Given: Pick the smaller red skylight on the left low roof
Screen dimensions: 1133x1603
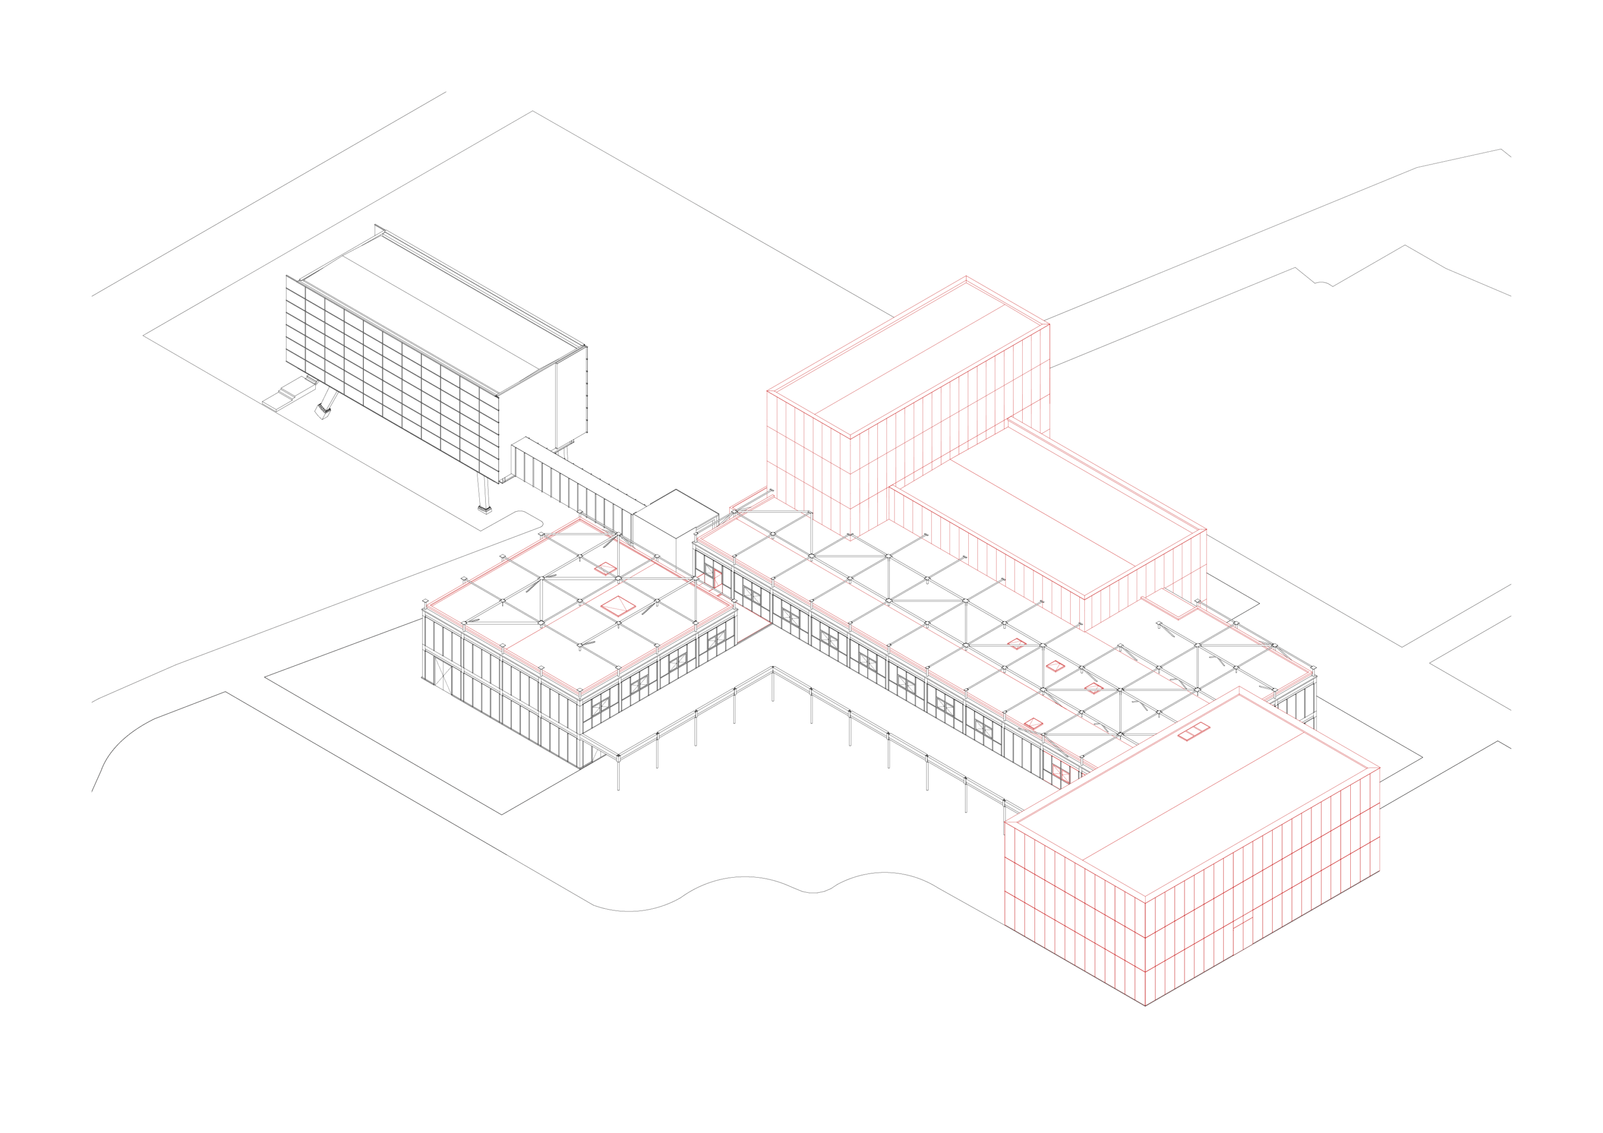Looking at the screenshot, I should [x=605, y=568].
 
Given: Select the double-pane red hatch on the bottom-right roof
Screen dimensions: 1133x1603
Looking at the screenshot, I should [x=1194, y=732].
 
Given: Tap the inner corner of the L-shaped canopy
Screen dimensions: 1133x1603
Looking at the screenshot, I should [x=773, y=669].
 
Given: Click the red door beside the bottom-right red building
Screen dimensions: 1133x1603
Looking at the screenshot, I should [x=1060, y=771].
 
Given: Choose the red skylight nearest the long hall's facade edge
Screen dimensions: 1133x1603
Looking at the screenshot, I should [x=1034, y=724].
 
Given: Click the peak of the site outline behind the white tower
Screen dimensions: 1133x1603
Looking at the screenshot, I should [x=533, y=112].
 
